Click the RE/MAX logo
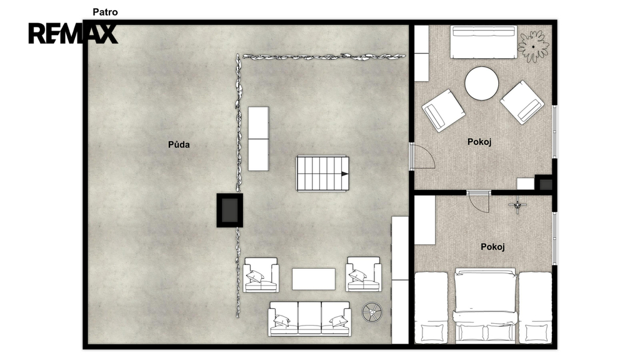point(73,34)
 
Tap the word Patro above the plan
point(105,12)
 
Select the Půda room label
point(179,144)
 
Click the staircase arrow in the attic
point(345,174)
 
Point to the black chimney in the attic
point(230,210)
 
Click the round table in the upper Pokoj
point(482,83)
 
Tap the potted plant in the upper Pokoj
point(533,46)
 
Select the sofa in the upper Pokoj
point(484,42)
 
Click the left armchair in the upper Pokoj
point(443,111)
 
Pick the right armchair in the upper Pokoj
point(522,102)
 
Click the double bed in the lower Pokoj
point(486,305)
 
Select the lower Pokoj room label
point(492,247)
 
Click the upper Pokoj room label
point(479,142)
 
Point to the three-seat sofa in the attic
point(309,319)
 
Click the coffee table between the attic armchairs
point(314,279)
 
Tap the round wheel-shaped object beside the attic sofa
point(372,312)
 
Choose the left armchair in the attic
point(261,275)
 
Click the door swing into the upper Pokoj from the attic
point(423,156)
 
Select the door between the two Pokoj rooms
point(478,202)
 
